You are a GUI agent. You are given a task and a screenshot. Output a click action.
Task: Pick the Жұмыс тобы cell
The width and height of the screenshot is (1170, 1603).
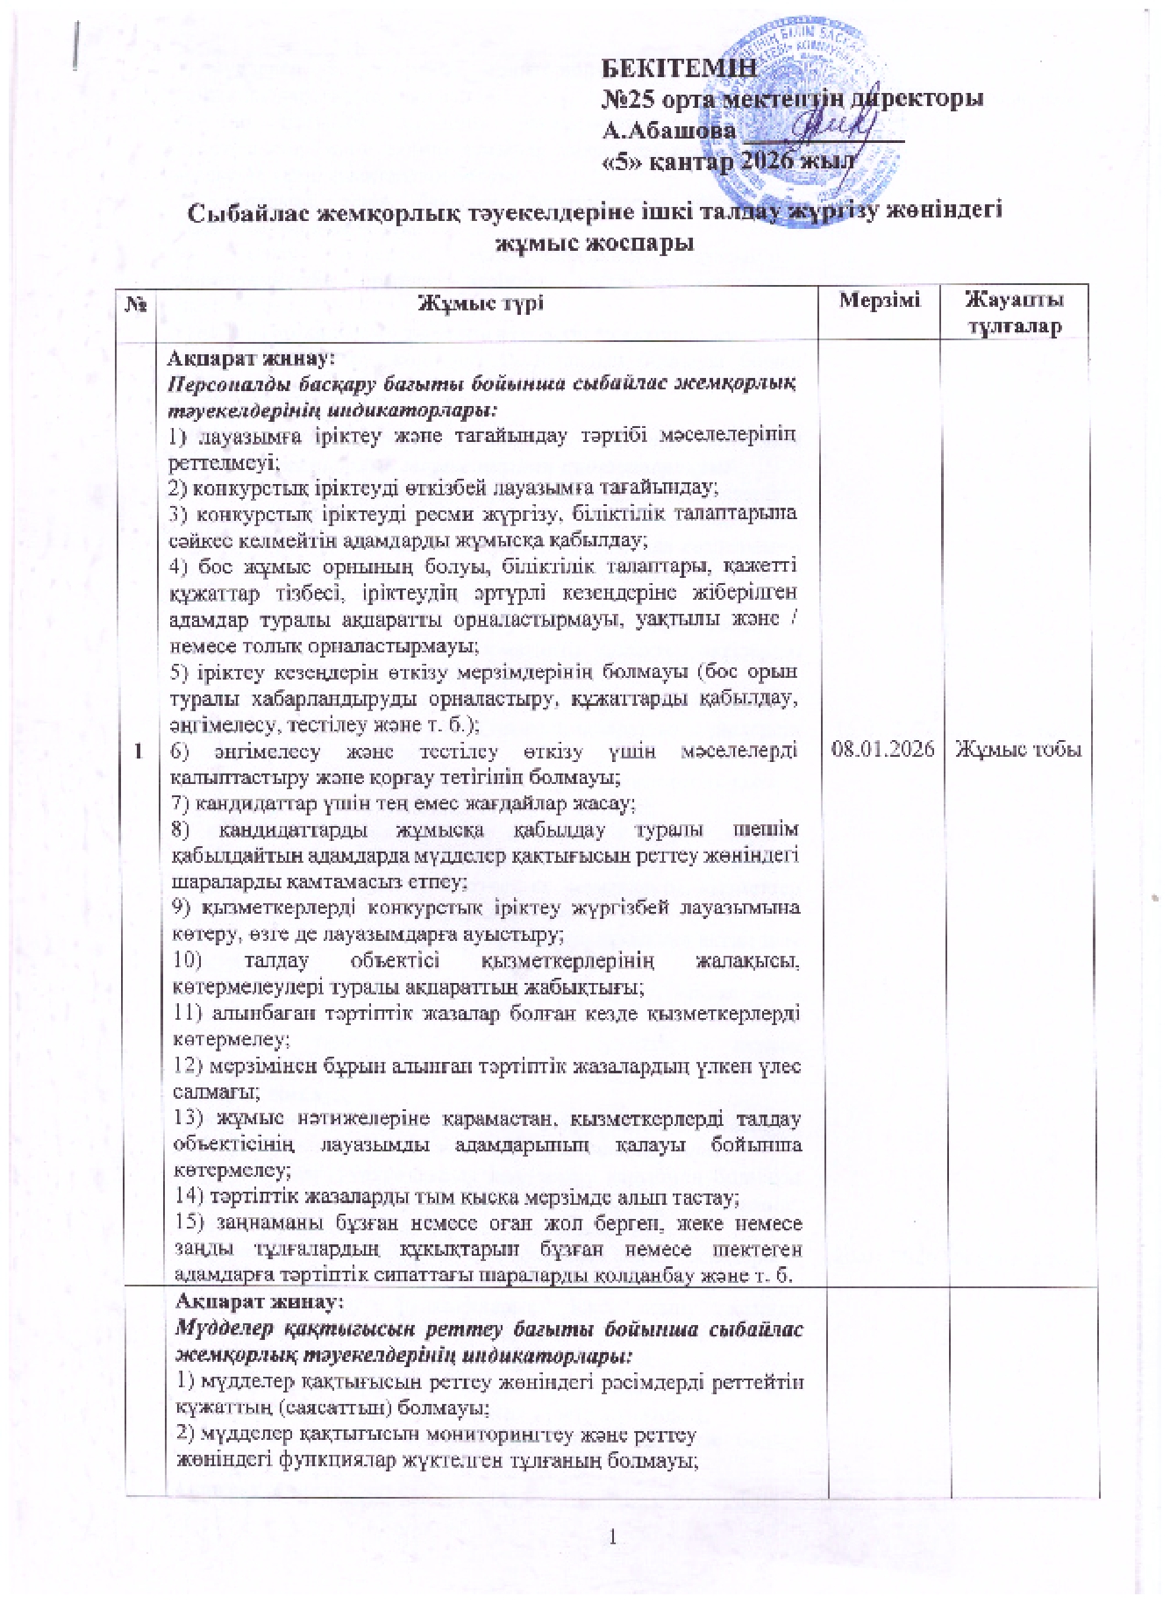tap(1017, 750)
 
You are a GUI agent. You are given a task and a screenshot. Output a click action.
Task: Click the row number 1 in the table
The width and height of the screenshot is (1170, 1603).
tap(140, 750)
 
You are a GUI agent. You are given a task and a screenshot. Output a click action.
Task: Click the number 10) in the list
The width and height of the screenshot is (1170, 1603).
tap(187, 961)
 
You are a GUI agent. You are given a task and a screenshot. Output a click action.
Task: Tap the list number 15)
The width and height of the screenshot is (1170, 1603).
tap(187, 1223)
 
